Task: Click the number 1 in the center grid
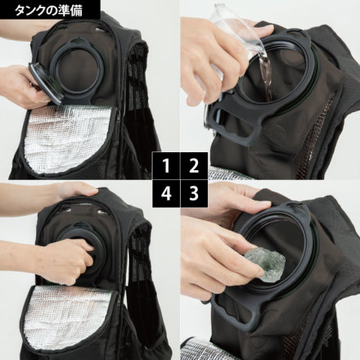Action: coord(167,167)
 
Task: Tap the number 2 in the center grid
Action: coord(193,167)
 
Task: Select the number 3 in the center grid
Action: coord(193,194)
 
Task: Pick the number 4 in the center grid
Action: coord(167,194)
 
